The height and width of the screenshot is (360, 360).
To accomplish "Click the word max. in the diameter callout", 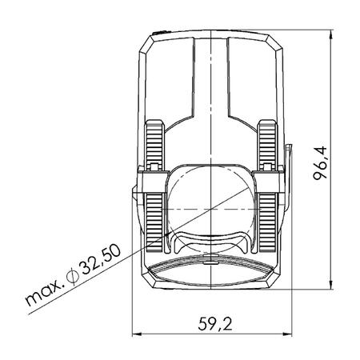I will (x=39, y=296).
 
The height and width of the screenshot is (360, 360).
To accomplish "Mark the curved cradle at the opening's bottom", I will (x=210, y=240).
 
